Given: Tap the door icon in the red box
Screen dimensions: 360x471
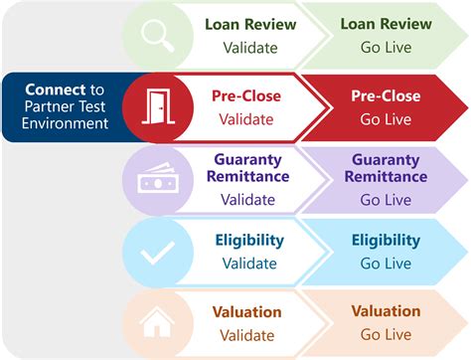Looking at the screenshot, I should click(x=158, y=107).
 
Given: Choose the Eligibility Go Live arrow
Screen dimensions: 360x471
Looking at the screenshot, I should click(x=383, y=251).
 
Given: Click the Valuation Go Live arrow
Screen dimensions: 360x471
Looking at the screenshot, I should click(x=383, y=322).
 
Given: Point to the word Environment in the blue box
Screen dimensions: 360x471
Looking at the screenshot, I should click(x=68, y=124).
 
